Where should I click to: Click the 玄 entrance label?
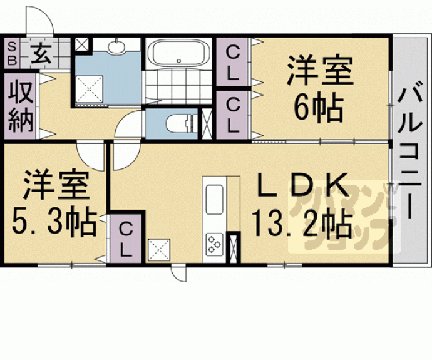(40, 54)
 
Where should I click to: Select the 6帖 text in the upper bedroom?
(319, 110)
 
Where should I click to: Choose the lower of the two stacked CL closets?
(232, 115)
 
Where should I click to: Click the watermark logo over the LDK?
(339, 216)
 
